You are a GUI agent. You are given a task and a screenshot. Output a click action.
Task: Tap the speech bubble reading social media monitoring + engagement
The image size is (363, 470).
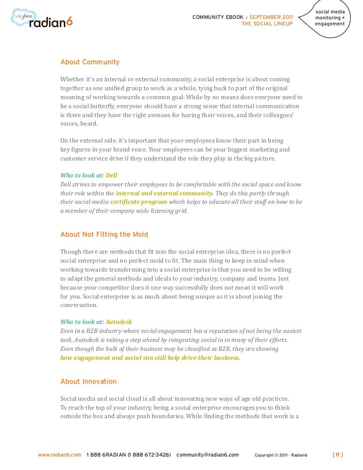(330, 18)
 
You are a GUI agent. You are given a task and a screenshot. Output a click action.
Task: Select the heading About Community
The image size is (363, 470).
(90, 62)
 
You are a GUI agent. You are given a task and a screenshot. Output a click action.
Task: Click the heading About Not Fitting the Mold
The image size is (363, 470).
(104, 234)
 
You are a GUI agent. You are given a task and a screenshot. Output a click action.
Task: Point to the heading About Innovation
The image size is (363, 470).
(88, 381)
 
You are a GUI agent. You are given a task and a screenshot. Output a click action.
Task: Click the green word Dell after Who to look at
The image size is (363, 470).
(112, 175)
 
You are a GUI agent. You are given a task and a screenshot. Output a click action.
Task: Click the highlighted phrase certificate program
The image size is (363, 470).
(139, 202)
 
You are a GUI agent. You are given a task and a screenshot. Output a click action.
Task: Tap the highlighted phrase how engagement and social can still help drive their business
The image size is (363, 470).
(150, 358)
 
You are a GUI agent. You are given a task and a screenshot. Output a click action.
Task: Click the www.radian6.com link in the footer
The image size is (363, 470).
(59, 455)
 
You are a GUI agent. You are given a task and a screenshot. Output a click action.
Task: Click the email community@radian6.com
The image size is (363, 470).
(208, 455)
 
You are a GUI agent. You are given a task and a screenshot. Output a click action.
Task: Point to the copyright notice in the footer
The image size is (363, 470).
(281, 455)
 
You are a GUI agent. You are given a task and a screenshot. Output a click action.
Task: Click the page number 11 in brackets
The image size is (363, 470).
(338, 455)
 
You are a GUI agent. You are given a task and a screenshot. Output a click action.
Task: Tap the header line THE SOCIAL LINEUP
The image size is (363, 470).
(266, 23)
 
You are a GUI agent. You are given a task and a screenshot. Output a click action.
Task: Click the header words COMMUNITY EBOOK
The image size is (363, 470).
(218, 17)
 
